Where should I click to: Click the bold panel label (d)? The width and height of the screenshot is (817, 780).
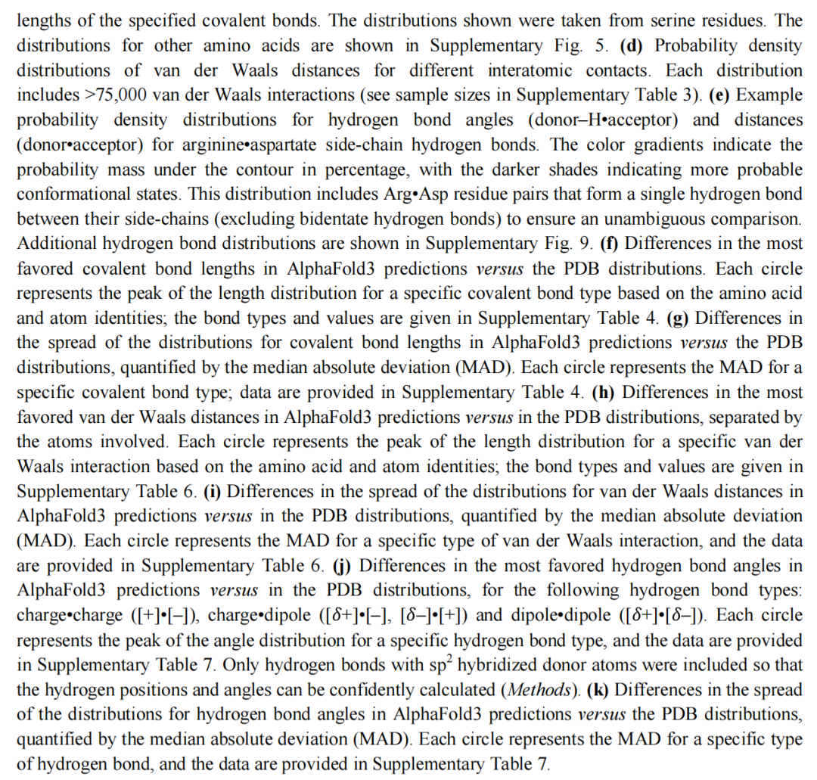coord(632,45)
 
